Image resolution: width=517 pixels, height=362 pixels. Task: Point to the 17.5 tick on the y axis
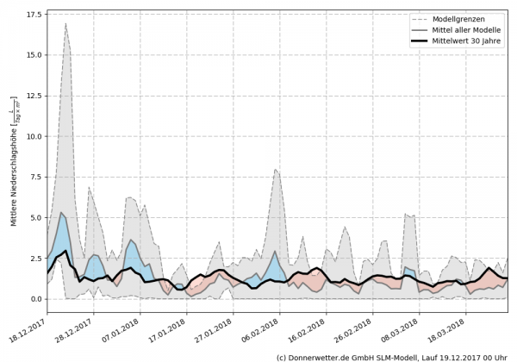coord(32,15)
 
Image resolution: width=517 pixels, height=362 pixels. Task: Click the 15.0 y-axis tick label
coord(32,55)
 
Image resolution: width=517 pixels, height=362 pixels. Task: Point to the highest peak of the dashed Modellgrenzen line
coord(66,23)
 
